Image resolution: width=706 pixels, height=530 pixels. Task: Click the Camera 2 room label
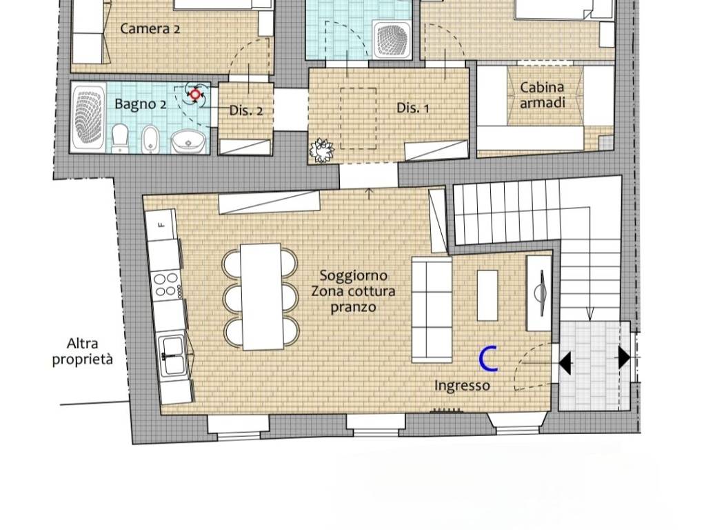click(150, 29)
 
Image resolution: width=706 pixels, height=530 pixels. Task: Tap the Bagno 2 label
click(140, 104)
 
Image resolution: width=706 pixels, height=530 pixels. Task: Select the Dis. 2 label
click(246, 110)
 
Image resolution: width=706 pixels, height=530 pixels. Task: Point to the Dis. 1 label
click(412, 108)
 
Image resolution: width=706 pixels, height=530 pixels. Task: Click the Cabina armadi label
click(542, 95)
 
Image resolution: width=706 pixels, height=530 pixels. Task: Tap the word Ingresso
click(462, 385)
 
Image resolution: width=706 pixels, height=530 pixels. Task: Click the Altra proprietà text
click(83, 351)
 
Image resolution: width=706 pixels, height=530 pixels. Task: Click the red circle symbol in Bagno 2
click(195, 95)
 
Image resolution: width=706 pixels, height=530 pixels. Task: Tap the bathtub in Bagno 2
click(88, 117)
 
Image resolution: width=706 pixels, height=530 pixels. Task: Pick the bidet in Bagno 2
click(149, 139)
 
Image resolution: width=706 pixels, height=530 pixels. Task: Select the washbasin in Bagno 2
click(188, 141)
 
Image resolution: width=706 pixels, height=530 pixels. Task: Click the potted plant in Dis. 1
click(322, 150)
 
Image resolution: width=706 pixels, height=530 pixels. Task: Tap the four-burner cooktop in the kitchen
click(166, 285)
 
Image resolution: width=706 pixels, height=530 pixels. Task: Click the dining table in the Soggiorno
click(261, 297)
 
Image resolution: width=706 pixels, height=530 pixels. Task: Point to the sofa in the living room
click(432, 310)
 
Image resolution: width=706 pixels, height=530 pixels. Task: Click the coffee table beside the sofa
click(487, 295)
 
